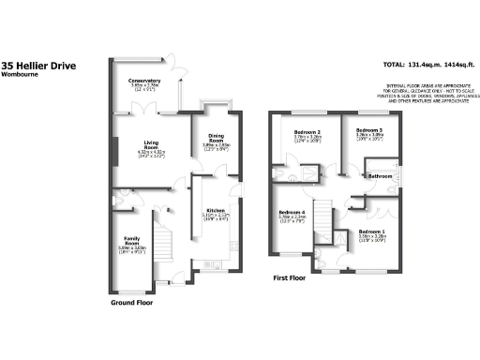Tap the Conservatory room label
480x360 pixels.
[144, 81]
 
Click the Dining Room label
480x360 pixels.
[217, 138]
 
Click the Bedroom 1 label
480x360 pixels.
[372, 231]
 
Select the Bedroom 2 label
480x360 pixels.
[307, 132]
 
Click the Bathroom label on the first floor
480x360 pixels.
[380, 176]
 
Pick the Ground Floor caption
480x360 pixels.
[132, 304]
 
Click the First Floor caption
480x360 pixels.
[290, 278]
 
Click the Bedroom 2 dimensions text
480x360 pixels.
[307, 139]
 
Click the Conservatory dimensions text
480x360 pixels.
[144, 87]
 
